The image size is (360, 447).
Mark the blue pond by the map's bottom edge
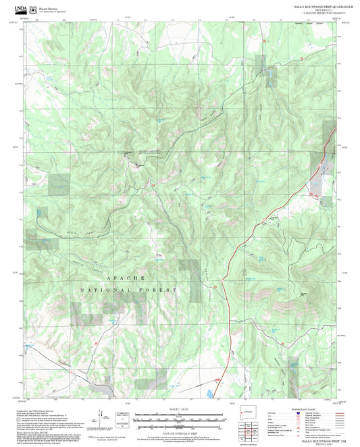coord(209,392)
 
